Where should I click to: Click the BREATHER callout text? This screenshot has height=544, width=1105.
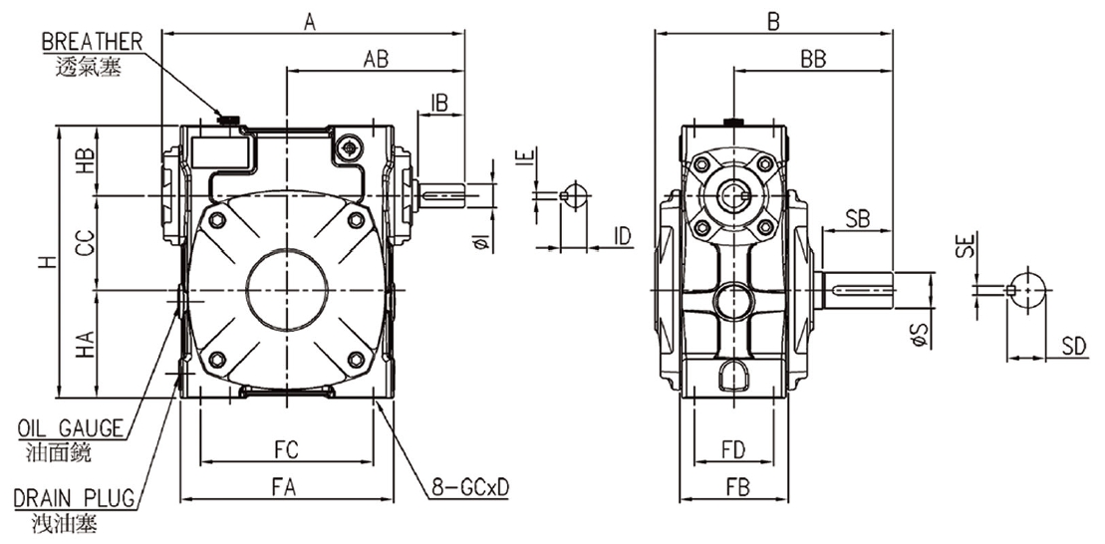click(93, 41)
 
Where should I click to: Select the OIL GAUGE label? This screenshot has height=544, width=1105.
click(70, 428)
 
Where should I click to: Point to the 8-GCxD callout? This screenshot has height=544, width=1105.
click(470, 488)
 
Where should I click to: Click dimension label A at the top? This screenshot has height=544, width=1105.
click(311, 20)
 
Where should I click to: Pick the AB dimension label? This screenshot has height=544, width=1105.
click(375, 59)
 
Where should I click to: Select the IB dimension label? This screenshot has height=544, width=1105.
click(440, 103)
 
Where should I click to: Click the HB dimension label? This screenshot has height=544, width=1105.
click(87, 160)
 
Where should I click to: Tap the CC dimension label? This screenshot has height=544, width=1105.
click(87, 244)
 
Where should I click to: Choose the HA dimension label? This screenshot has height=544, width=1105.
click(87, 344)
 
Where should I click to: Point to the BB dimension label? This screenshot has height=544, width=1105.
click(813, 59)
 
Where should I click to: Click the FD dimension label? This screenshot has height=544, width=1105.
click(733, 449)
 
